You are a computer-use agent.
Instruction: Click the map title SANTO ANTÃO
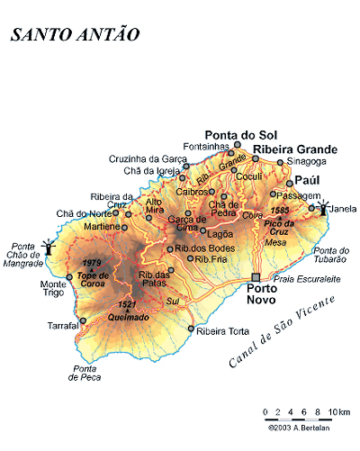pos(75,34)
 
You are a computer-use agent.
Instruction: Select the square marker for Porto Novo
pos(256,277)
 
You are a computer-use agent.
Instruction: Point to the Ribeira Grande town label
pos(295,149)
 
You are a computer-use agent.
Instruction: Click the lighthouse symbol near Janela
pos(323,206)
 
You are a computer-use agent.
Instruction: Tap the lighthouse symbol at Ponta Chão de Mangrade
pos(51,245)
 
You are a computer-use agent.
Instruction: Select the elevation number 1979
pos(93,264)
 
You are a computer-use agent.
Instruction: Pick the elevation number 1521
pos(126,305)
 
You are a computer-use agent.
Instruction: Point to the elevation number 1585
pos(280,210)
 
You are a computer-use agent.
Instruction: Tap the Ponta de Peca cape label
pos(85,373)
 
